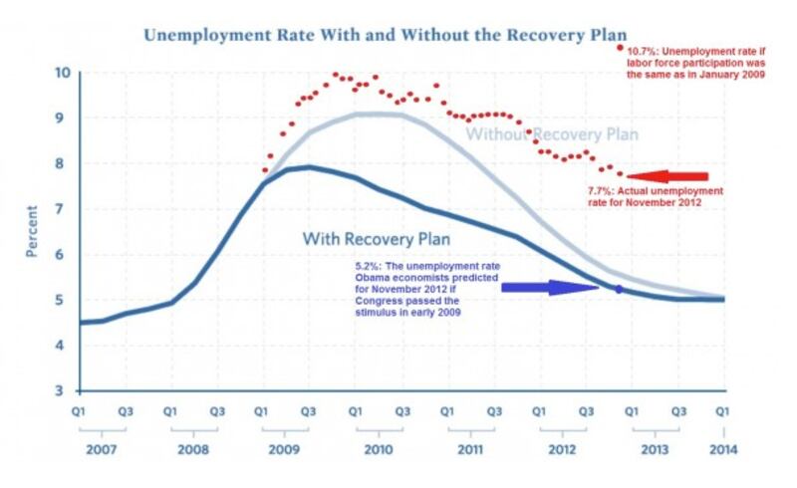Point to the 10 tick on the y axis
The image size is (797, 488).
pos(61,73)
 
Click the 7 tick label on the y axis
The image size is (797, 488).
pos(63,209)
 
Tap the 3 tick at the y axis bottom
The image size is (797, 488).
pos(63,390)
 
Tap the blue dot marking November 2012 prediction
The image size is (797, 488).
pos(619,289)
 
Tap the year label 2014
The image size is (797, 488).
pos(723,449)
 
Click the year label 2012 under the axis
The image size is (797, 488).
pos(562,449)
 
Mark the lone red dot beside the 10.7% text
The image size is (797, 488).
pos(620,47)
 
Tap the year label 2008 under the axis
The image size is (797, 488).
pos(194,449)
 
